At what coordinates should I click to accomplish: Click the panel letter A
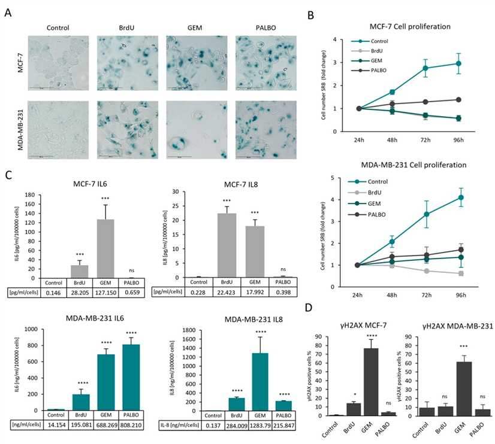(8, 11)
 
